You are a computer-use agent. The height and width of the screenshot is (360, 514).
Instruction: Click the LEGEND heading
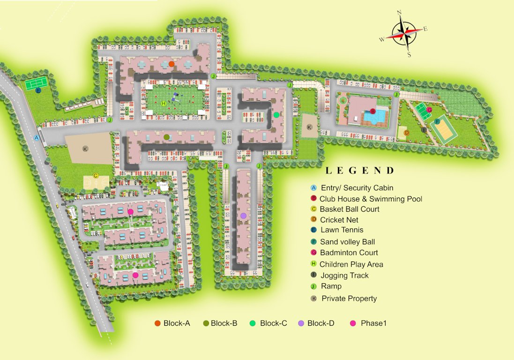tap(360, 171)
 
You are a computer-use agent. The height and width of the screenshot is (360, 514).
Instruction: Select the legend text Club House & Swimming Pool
tap(371, 199)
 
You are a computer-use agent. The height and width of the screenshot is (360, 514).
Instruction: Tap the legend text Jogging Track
tap(344, 275)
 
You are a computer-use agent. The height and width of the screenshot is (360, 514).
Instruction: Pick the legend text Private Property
tap(349, 298)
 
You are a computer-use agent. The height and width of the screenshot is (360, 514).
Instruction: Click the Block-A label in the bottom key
tap(177, 323)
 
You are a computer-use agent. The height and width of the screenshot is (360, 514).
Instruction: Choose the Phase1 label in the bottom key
tap(373, 323)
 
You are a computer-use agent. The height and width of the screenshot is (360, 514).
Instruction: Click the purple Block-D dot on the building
tap(243, 215)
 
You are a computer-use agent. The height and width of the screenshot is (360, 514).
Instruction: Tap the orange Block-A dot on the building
tap(171, 64)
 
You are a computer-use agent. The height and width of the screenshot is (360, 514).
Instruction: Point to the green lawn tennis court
tap(36, 83)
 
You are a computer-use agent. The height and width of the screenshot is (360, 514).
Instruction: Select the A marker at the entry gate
tap(37, 138)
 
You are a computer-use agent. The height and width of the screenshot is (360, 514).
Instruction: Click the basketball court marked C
tap(96, 181)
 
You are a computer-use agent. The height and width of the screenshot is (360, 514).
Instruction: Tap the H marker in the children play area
tap(163, 104)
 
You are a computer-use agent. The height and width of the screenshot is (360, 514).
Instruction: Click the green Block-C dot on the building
tap(276, 114)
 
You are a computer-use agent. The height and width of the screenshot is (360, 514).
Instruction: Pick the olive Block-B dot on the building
tap(166, 137)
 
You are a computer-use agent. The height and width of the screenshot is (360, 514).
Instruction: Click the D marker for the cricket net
tap(407, 133)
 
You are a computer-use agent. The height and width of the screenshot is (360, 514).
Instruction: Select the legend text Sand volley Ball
tap(347, 242)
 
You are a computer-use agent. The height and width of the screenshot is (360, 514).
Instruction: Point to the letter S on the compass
tap(409, 54)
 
